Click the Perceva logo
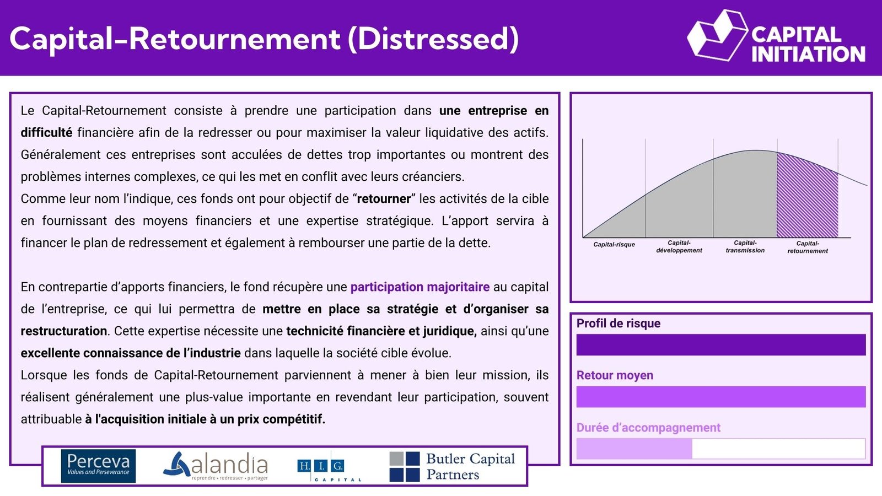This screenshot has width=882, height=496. [x=99, y=466]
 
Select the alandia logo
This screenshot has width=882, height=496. [x=216, y=466]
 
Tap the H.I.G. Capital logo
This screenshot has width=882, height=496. [x=329, y=467]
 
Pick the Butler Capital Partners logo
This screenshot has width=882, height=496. [x=452, y=466]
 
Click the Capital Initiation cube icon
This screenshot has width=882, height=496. [x=717, y=35]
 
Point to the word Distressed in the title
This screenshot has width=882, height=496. [x=433, y=39]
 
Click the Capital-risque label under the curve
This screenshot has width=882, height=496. [x=614, y=245]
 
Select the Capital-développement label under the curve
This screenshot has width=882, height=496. [x=679, y=247]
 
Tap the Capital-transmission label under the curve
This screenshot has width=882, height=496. [x=745, y=247]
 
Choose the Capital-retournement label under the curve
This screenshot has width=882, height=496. [x=808, y=247]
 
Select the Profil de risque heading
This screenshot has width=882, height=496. [x=618, y=323]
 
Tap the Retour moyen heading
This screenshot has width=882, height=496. [x=615, y=375]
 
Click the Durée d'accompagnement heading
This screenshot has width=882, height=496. [x=648, y=428]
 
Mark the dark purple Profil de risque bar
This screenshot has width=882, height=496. [x=721, y=345]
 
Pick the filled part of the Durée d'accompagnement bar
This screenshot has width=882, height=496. [x=634, y=449]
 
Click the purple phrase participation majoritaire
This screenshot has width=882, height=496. [x=420, y=287]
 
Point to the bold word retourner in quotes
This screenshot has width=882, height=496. [x=384, y=199]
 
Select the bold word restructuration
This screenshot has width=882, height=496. [x=64, y=331]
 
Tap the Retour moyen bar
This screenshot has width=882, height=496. [x=721, y=397]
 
